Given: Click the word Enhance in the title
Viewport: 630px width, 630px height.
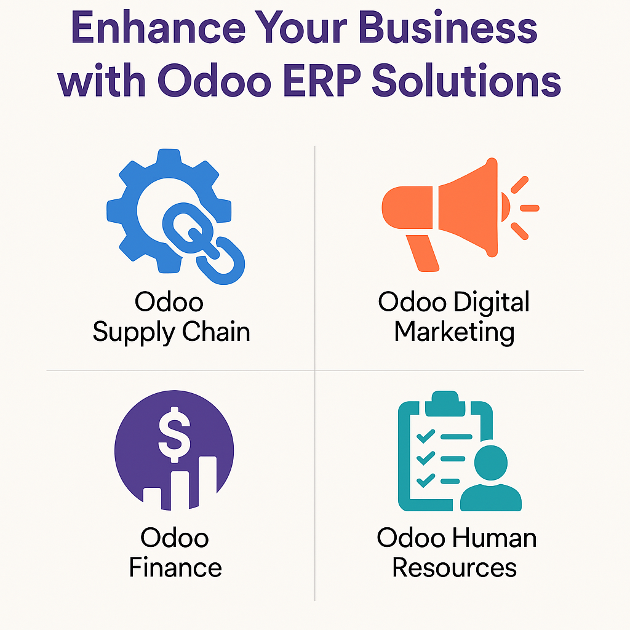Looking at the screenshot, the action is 158,28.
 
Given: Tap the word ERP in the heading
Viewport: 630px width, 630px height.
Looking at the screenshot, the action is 322,80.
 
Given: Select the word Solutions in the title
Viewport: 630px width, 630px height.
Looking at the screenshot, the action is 466,80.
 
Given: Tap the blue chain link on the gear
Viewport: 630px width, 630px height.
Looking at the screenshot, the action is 204,243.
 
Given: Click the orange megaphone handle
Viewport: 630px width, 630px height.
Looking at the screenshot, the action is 422,253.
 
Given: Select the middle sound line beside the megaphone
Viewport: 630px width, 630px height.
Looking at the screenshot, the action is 530,208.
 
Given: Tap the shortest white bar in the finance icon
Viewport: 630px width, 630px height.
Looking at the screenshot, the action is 153,497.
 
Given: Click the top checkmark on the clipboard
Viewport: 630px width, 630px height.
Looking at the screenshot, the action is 426,436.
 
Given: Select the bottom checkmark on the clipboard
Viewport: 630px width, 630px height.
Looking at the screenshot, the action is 426,480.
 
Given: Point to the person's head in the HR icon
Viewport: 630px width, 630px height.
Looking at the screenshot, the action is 490,463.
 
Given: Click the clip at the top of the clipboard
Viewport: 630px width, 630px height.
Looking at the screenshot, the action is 445,403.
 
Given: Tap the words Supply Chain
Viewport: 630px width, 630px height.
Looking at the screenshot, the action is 172,332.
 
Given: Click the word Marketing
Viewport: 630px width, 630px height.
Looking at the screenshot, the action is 455,332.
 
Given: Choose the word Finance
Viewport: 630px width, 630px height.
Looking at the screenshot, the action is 175,567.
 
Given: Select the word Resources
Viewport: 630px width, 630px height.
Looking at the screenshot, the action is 455,567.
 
